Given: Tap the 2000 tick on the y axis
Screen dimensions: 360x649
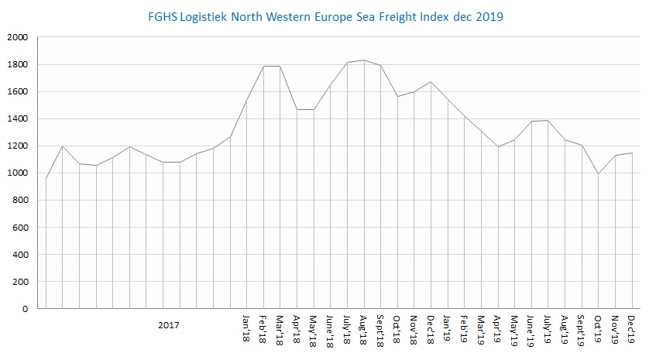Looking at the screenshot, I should coord(16,37).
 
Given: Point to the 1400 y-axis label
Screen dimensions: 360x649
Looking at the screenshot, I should coord(16,118).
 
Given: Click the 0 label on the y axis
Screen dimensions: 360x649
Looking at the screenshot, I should coord(26,309).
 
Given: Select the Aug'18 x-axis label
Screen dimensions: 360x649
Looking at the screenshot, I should coord(364,328).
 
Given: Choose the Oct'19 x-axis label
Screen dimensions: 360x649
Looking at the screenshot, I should coord(599,328).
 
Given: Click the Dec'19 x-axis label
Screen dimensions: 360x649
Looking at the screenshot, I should coord(632,328).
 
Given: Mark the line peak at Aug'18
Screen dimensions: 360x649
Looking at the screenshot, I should coord(364,60).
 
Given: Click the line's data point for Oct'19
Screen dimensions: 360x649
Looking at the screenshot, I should coord(599,173).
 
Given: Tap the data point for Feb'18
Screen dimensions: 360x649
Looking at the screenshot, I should coord(264,66).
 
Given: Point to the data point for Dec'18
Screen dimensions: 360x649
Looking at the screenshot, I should coord(431,81).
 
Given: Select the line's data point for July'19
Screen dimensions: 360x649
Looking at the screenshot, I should coord(548,120).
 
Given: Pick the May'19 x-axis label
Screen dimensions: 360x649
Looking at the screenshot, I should coord(515,328).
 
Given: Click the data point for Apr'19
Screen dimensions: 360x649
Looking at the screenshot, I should coord(498,147).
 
